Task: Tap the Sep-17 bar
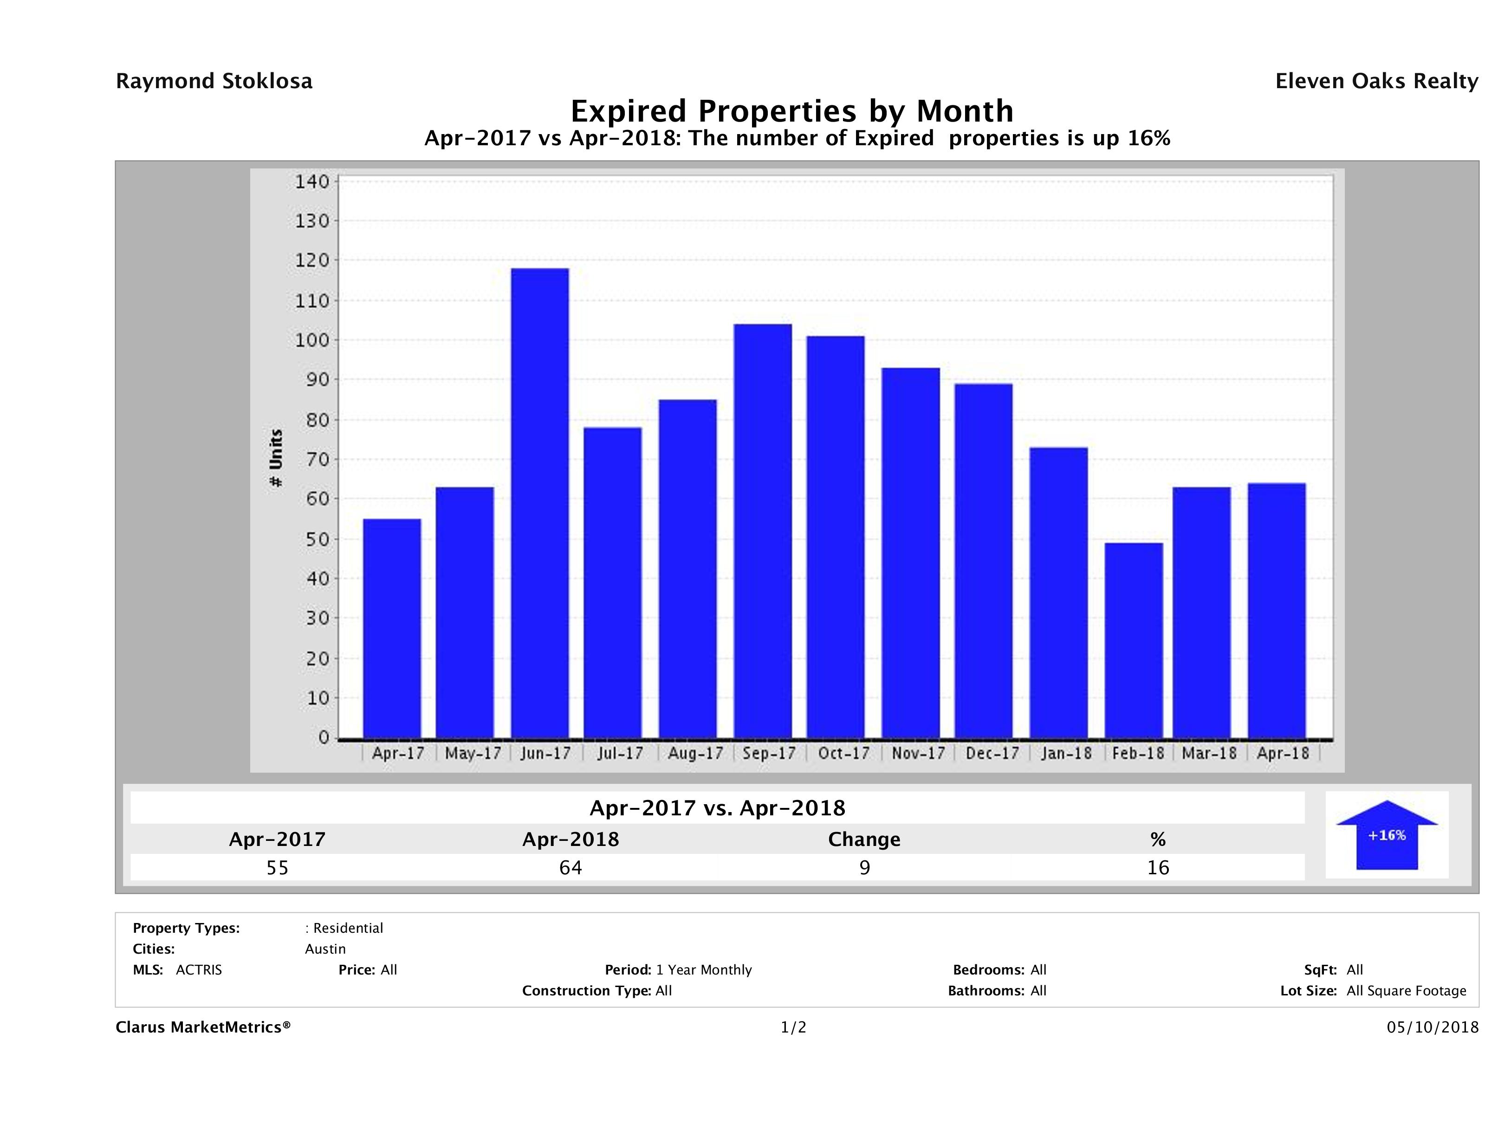pyautogui.click(x=763, y=531)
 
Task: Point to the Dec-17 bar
pyautogui.click(x=983, y=561)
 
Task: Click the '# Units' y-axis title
pyautogui.click(x=276, y=458)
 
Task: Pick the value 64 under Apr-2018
pyautogui.click(x=570, y=867)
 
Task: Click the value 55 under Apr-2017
pyautogui.click(x=277, y=867)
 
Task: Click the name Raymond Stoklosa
pyautogui.click(x=214, y=81)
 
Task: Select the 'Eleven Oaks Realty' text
pyautogui.click(x=1376, y=81)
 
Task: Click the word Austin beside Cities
pyautogui.click(x=325, y=949)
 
